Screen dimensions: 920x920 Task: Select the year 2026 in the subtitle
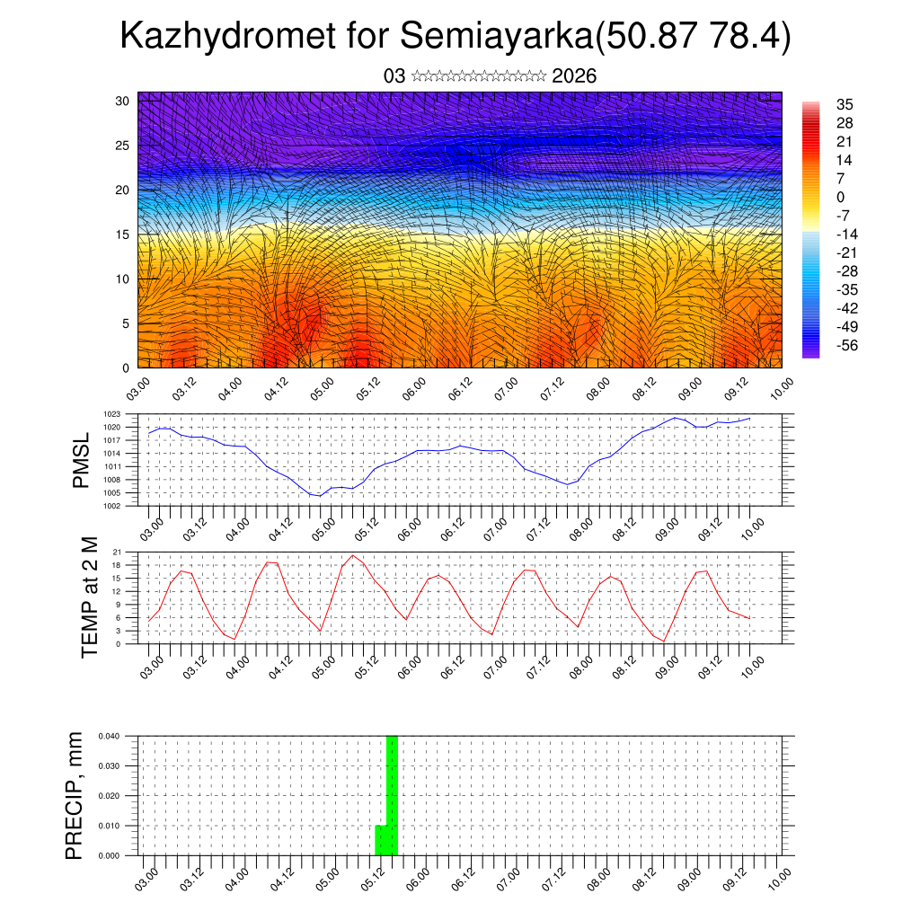[574, 75]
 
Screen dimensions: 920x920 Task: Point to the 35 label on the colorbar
[844, 104]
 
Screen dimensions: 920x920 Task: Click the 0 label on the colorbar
[841, 197]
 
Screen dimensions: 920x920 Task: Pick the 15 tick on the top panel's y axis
[123, 234]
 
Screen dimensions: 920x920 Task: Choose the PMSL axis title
[81, 460]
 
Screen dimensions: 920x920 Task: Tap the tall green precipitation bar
[392, 794]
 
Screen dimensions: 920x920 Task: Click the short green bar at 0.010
[380, 840]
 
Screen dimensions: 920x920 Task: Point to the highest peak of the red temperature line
[353, 555]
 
